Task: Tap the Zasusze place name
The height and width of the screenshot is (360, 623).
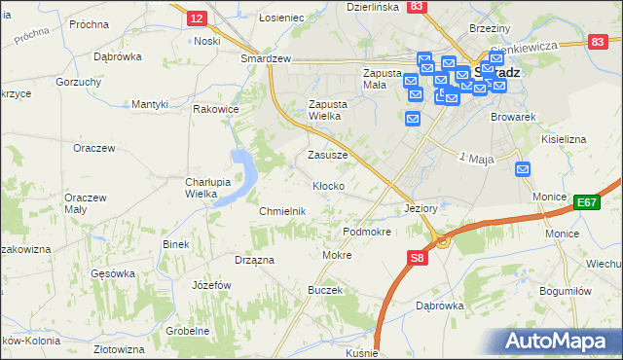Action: click(327, 155)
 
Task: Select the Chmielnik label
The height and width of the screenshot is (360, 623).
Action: click(283, 211)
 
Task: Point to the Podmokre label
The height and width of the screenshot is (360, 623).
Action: click(367, 233)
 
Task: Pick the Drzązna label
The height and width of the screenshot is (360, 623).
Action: click(254, 261)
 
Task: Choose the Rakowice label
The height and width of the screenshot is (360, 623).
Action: click(216, 109)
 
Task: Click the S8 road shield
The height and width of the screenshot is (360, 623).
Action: click(417, 258)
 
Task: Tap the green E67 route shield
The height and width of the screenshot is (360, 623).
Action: click(586, 201)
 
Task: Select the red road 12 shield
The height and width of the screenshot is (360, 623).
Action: click(197, 18)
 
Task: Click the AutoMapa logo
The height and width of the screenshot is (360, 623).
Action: click(559, 340)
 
